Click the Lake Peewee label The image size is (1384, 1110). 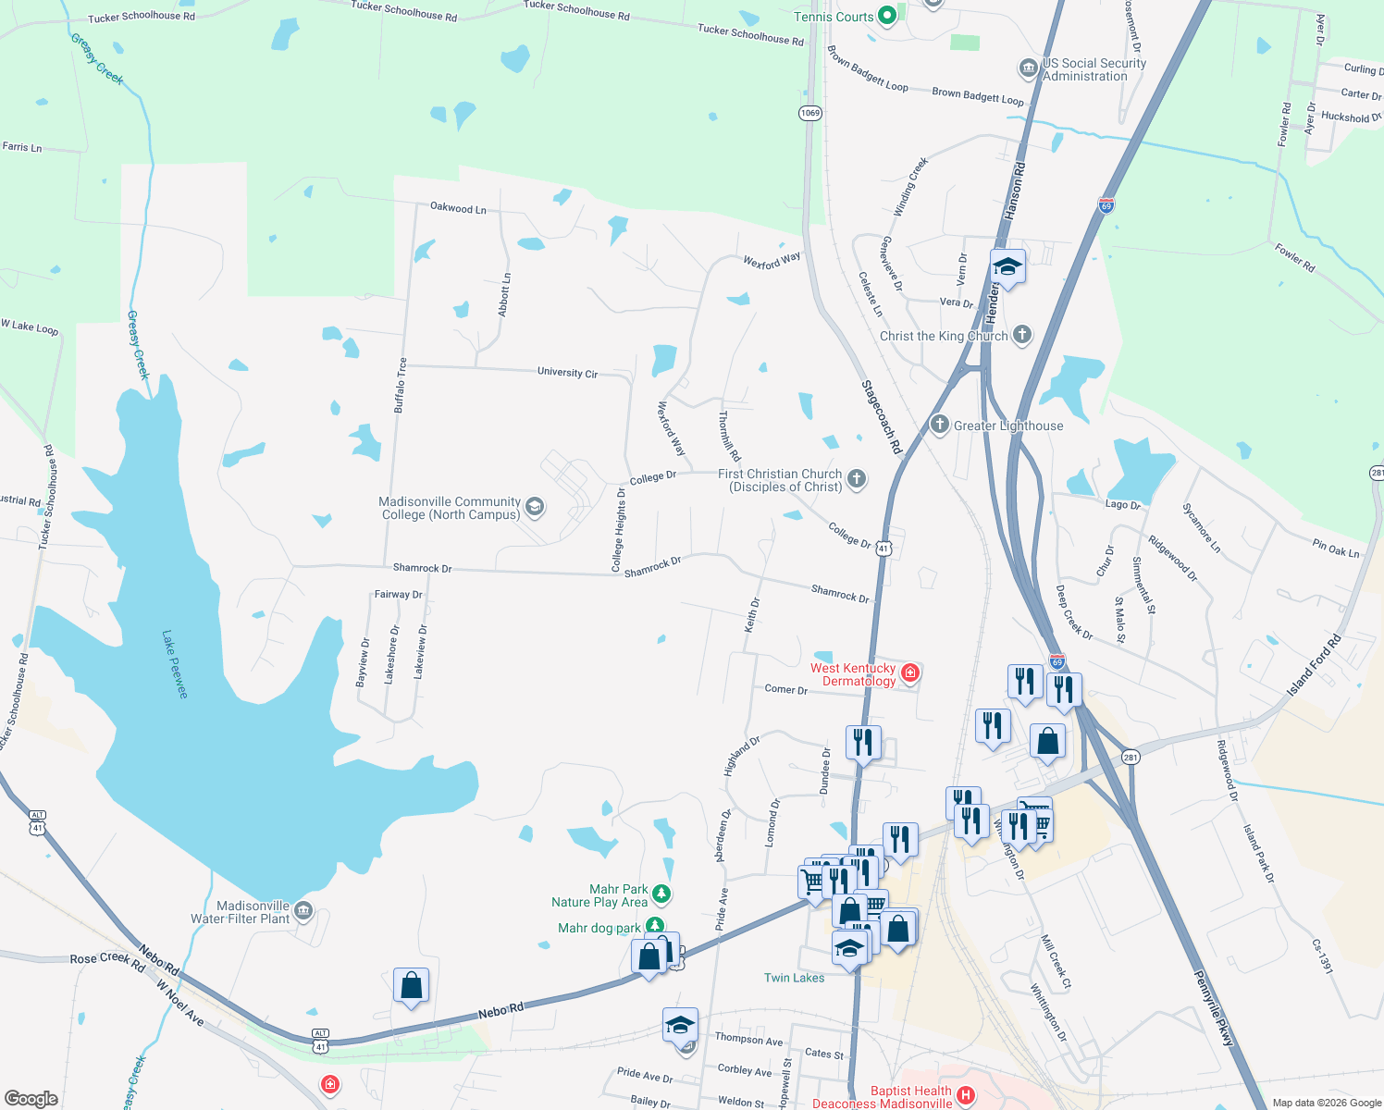[174, 664]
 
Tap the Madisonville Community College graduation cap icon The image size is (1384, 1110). [534, 507]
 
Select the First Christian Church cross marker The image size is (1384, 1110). [857, 478]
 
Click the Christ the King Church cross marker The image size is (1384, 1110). [1021, 335]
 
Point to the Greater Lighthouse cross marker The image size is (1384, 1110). [940, 425]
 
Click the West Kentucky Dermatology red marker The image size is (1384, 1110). [910, 672]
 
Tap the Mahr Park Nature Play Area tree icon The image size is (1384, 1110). [661, 894]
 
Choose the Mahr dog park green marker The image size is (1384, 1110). [655, 926]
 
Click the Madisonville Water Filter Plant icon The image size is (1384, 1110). [303, 911]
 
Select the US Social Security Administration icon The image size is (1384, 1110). [1028, 68]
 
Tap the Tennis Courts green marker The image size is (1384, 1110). [887, 15]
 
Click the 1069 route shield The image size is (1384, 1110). [810, 113]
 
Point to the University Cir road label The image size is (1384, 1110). [567, 372]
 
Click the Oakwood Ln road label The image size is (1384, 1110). [458, 208]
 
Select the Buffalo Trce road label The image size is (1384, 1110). [401, 385]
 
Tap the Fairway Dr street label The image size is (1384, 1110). [398, 595]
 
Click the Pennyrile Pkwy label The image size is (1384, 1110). [1213, 1008]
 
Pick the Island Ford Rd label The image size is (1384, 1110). [1314, 666]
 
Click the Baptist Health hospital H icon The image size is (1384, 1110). [966, 1096]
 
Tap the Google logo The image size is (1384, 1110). [31, 1098]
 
